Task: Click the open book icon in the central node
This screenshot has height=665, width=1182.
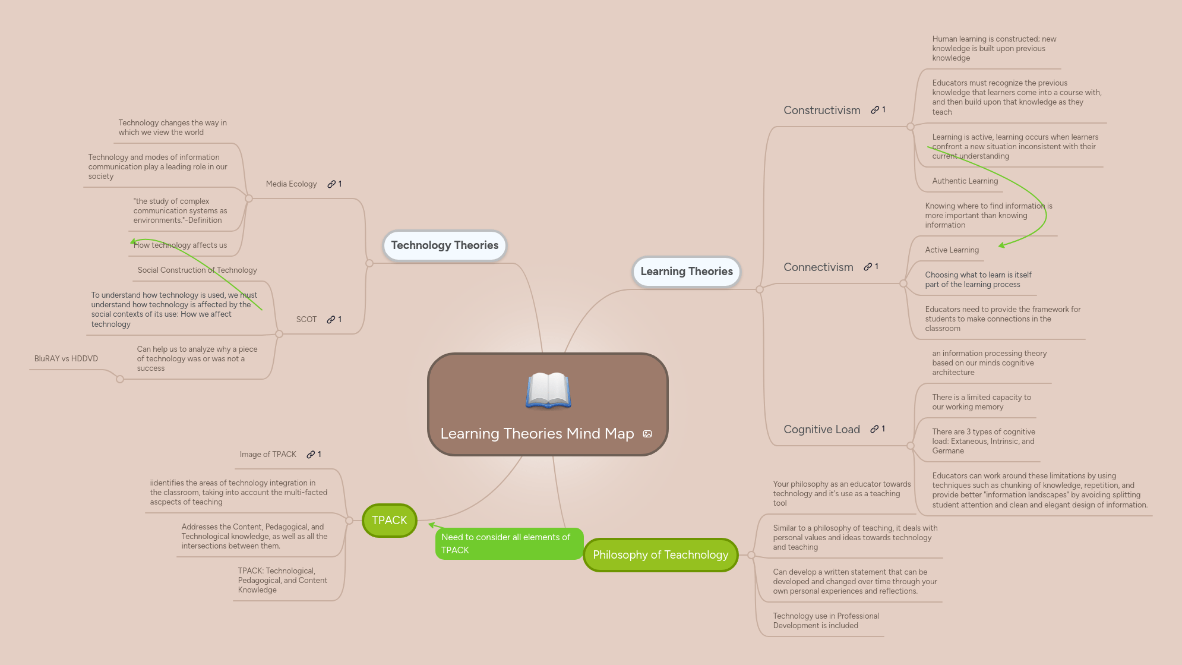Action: pyautogui.click(x=548, y=390)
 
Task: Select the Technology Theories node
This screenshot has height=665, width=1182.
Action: pyautogui.click(x=444, y=245)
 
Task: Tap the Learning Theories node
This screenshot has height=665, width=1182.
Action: pyautogui.click(x=686, y=272)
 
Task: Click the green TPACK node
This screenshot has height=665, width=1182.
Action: pyautogui.click(x=390, y=521)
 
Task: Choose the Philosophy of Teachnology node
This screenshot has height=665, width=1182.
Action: pyautogui.click(x=660, y=555)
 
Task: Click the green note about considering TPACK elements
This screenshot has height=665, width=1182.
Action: pyautogui.click(x=508, y=544)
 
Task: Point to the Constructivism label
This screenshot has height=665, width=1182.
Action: pyautogui.click(x=821, y=111)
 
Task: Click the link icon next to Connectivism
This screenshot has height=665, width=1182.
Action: pyautogui.click(x=868, y=267)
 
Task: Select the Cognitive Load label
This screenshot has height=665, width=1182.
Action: pyautogui.click(x=821, y=430)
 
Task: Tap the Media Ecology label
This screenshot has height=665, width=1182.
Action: pyautogui.click(x=291, y=184)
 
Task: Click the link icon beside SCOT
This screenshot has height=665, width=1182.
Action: pyautogui.click(x=331, y=320)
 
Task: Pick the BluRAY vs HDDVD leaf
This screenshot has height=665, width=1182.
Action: pyautogui.click(x=66, y=359)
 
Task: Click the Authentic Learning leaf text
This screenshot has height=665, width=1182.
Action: pyautogui.click(x=965, y=181)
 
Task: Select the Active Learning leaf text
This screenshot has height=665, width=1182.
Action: pyautogui.click(x=952, y=250)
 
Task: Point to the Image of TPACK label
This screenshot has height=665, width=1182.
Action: pyautogui.click(x=268, y=455)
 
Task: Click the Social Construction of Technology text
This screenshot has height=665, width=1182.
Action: pyautogui.click(x=197, y=270)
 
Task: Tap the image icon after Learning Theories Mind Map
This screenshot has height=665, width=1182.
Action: pyautogui.click(x=647, y=434)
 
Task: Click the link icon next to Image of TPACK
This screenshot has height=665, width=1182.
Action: pyautogui.click(x=311, y=455)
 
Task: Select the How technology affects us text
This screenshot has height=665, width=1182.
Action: pyautogui.click(x=180, y=245)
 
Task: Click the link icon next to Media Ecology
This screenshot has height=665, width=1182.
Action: pyautogui.click(x=331, y=184)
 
